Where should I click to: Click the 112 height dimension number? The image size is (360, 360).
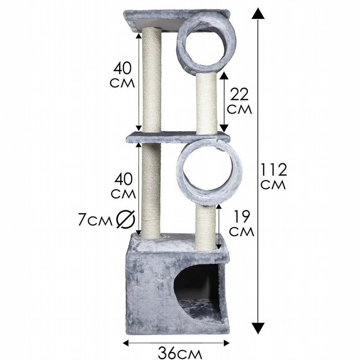point(273,170)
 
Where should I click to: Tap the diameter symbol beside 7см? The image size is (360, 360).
point(125,219)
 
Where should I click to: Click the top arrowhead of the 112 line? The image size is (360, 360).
point(258,13)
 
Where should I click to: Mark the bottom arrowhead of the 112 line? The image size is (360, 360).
point(258,328)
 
